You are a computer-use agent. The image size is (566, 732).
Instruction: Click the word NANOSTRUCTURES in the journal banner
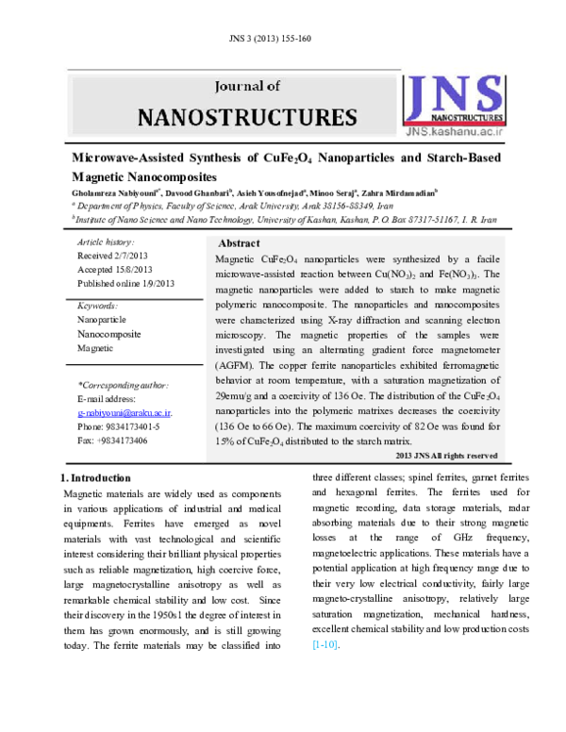[247, 117]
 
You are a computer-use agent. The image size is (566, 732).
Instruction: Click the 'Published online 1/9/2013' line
[126, 283]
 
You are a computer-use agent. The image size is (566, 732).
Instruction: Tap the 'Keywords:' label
[98, 307]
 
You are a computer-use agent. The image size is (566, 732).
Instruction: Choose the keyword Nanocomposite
[109, 334]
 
